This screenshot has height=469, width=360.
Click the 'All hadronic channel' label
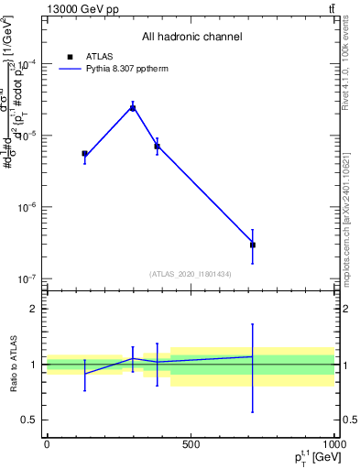coord(191,38)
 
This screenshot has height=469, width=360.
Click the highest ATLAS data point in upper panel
coord(133,108)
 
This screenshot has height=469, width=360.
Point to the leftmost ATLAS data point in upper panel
coord(85,154)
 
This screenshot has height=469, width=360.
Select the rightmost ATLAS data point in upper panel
coord(253,245)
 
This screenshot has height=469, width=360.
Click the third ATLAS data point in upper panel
coord(158,147)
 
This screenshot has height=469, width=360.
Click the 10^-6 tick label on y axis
coord(26,207)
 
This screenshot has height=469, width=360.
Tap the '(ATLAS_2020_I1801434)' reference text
coord(190,274)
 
